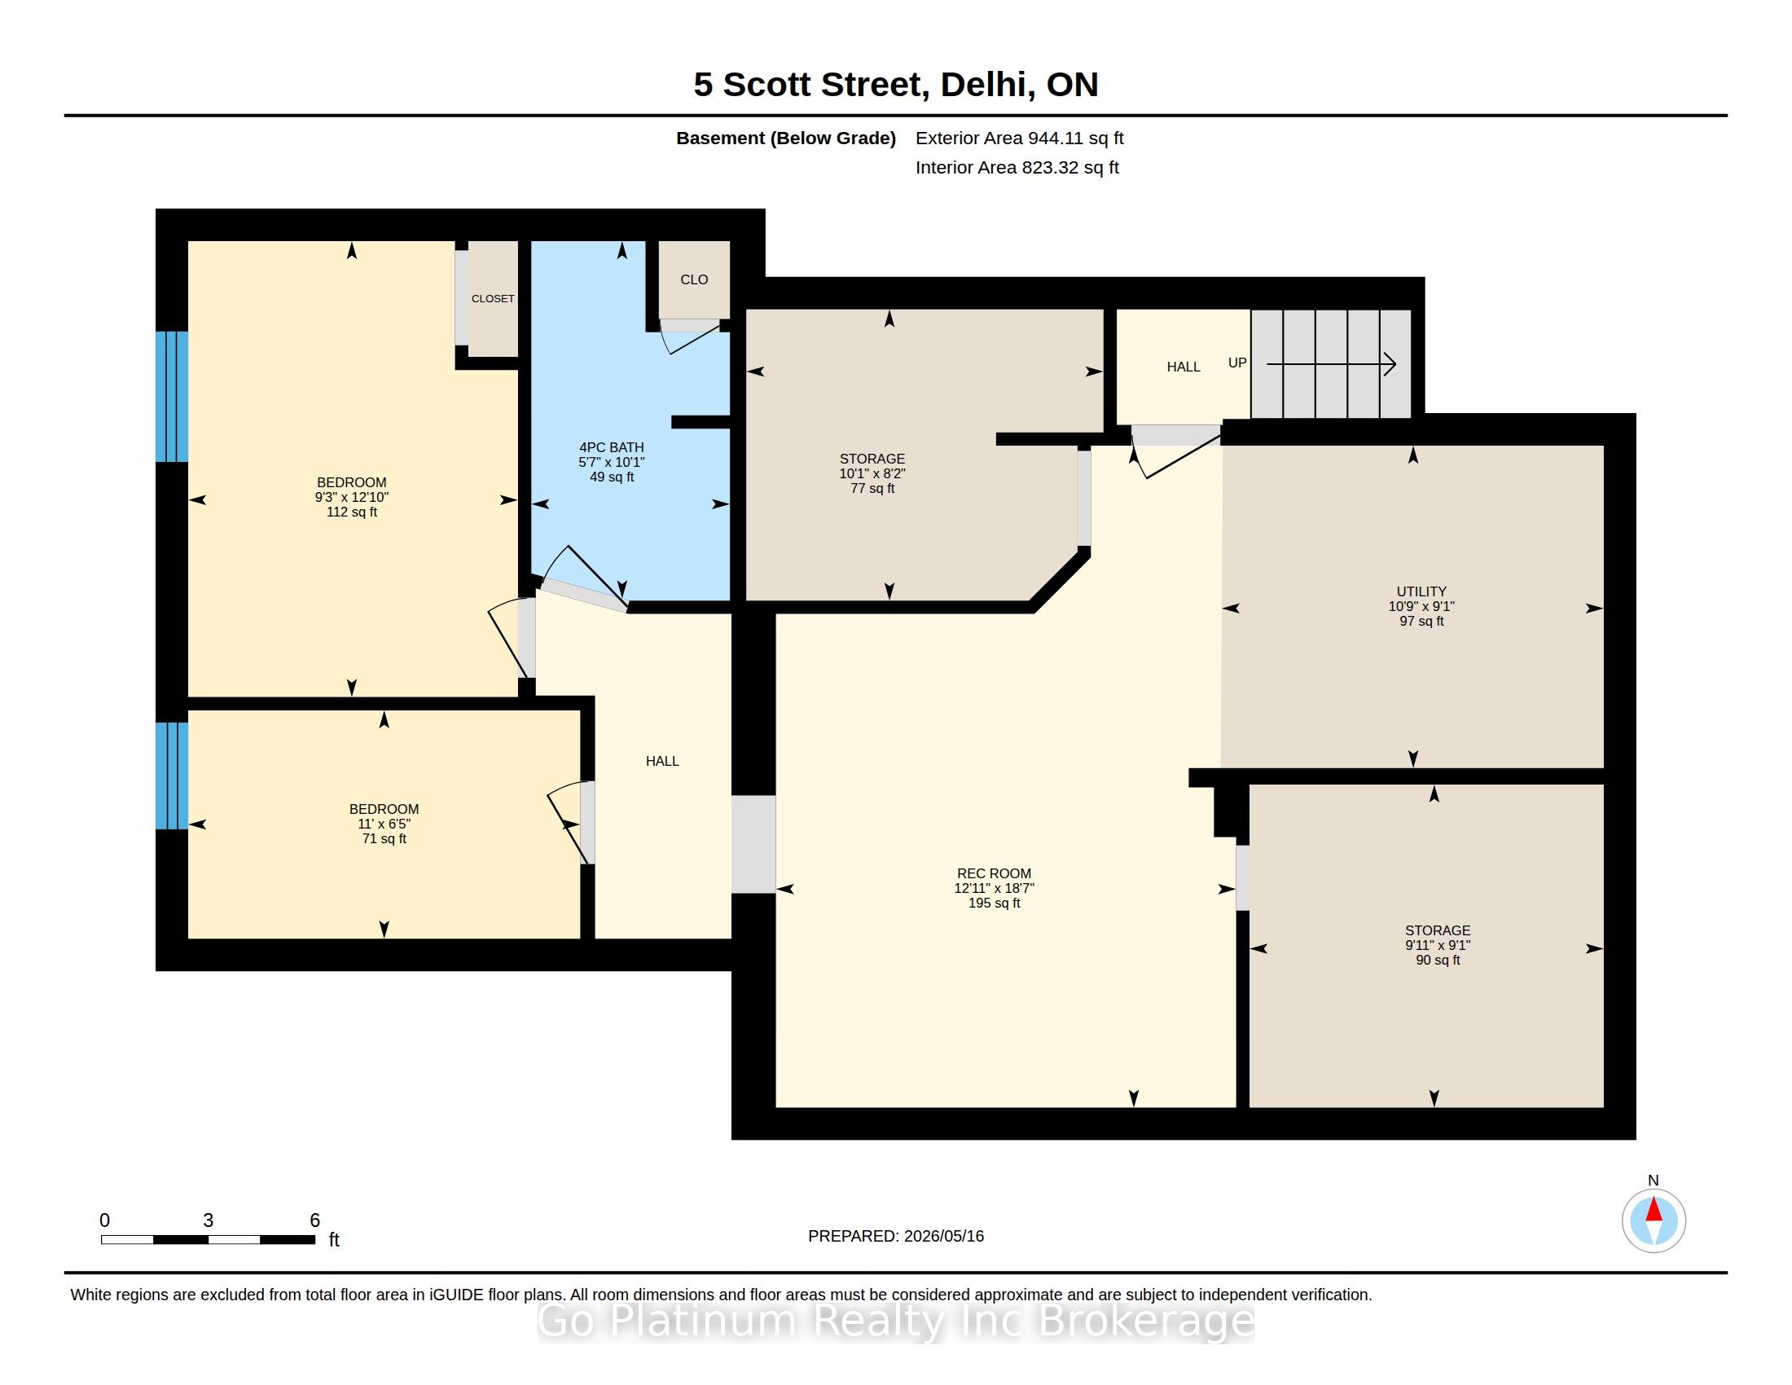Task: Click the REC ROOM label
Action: (x=994, y=874)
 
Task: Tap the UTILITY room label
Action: (x=1421, y=591)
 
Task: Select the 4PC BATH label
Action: (x=611, y=447)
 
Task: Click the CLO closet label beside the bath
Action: (x=694, y=279)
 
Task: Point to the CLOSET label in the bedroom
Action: (x=493, y=299)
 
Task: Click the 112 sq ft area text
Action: (x=352, y=512)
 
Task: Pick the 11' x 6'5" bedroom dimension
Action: (x=384, y=824)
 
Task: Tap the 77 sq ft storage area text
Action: (x=872, y=488)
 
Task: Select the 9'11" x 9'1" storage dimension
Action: (x=1438, y=945)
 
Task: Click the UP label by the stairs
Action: (x=1237, y=363)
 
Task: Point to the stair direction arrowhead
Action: (x=1390, y=364)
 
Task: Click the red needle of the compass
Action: (x=1654, y=1210)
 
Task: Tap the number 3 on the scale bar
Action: (x=209, y=1220)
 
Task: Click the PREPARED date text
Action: (x=896, y=1236)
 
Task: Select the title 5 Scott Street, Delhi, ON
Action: (x=896, y=85)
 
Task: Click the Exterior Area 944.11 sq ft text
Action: (x=1020, y=138)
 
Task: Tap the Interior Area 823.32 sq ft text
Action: (x=1017, y=167)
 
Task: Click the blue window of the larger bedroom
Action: (x=173, y=397)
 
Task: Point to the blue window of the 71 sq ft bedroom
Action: (x=173, y=776)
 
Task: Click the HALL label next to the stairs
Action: (x=1184, y=367)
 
